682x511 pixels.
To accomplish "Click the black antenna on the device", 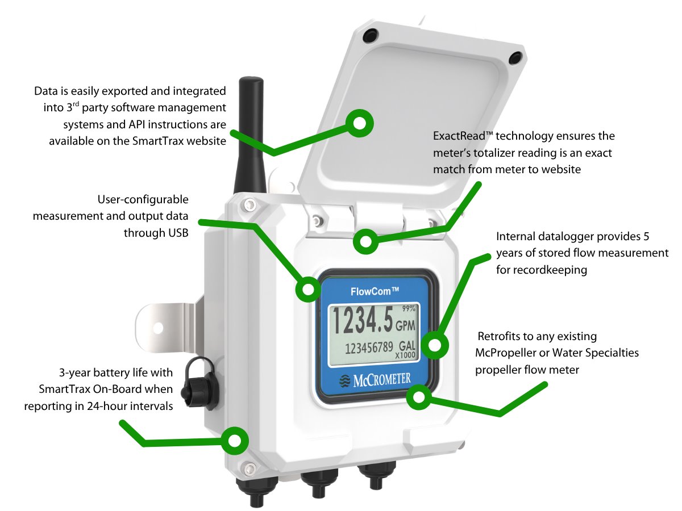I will pos(249,136).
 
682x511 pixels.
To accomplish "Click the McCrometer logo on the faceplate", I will pos(375,379).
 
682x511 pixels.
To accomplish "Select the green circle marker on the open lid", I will pos(360,124).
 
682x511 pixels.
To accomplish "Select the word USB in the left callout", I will pos(176,233).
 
